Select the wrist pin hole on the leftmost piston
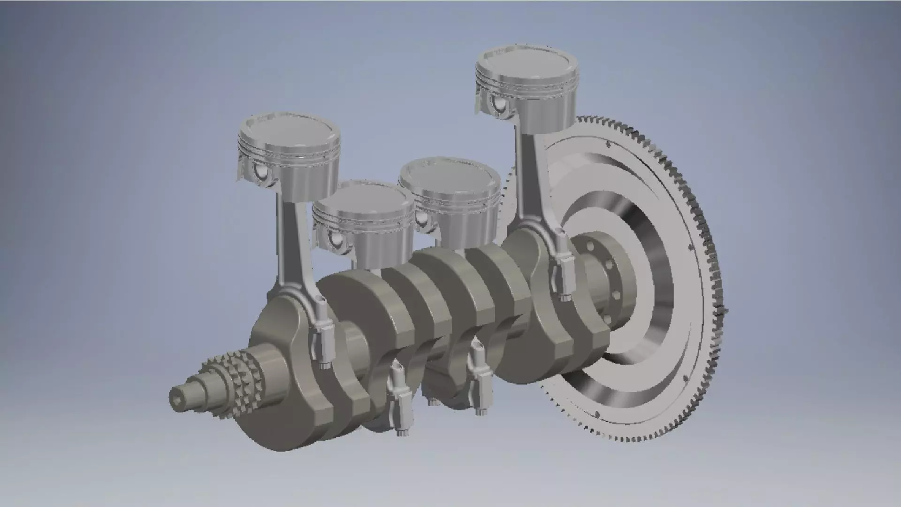click(x=260, y=172)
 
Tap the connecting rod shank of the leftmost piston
click(x=293, y=244)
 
